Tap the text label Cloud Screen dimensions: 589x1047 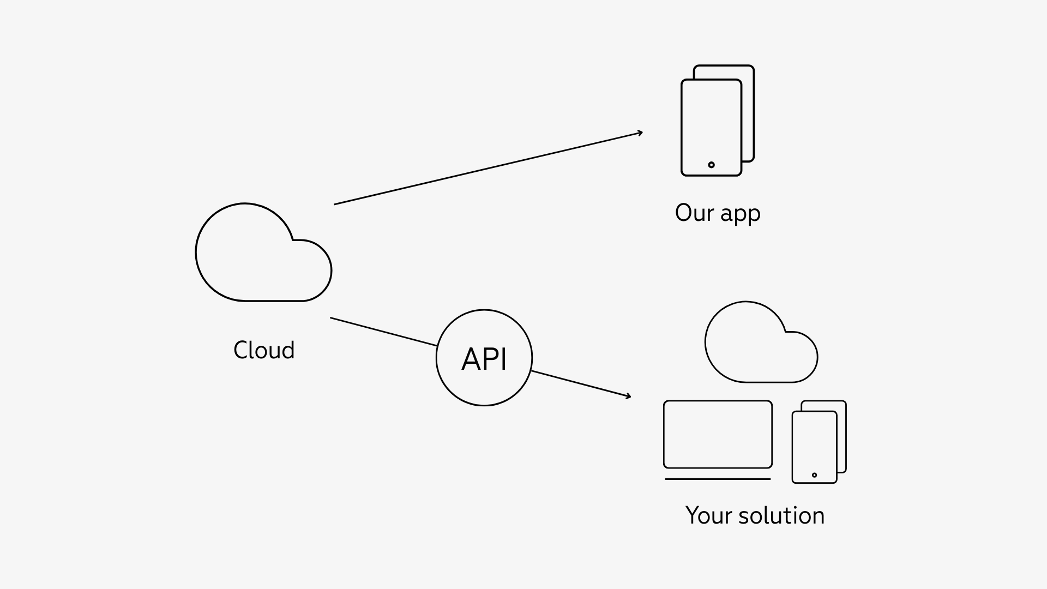pyautogui.click(x=264, y=350)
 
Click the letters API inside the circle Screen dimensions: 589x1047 pyautogui.click(x=484, y=359)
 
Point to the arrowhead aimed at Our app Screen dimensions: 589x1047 pyautogui.click(x=640, y=133)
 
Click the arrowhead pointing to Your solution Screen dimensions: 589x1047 pyautogui.click(x=628, y=396)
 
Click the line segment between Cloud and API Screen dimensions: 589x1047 pyautogui.click(x=383, y=332)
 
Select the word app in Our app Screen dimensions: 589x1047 pyautogui.click(x=740, y=214)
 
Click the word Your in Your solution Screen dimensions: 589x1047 pyautogui.click(x=708, y=515)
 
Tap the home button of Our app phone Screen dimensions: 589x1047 pyautogui.click(x=711, y=165)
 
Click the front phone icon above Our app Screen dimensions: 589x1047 pyautogui.click(x=711, y=120)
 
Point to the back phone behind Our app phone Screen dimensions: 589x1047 pyautogui.click(x=748, y=109)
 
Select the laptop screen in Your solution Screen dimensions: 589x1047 pyautogui.click(x=718, y=434)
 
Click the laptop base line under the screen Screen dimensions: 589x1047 pyautogui.click(x=718, y=479)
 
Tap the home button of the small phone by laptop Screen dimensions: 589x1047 pyautogui.click(x=814, y=475)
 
